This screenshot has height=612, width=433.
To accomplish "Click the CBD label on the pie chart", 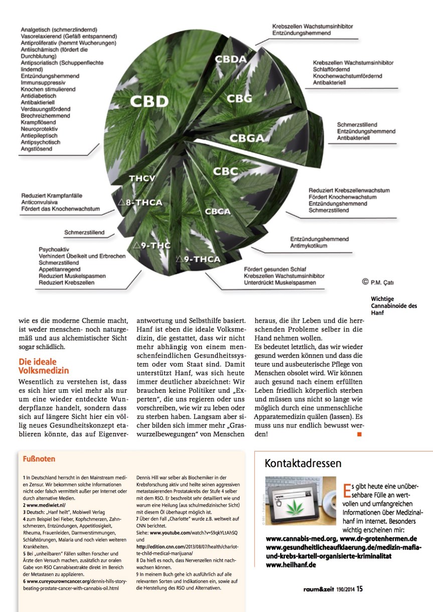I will coord(149,101).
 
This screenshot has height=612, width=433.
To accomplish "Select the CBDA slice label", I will coord(230,59).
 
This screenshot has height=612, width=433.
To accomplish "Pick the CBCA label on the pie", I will coord(218,211).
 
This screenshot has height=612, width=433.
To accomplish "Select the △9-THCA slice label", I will coord(198,259).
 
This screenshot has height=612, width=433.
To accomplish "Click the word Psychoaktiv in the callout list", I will coord(54,249).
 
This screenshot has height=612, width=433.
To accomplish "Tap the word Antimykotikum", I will coord(309,246).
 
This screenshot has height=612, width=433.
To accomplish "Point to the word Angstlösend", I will coord(37,148).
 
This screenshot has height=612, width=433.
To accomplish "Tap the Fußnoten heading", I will coord(39,458).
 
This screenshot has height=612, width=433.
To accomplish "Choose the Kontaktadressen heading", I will coord(303,463).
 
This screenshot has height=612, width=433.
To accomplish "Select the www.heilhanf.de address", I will coord(291,565).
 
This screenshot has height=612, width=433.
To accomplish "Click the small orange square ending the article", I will coord(359,434).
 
